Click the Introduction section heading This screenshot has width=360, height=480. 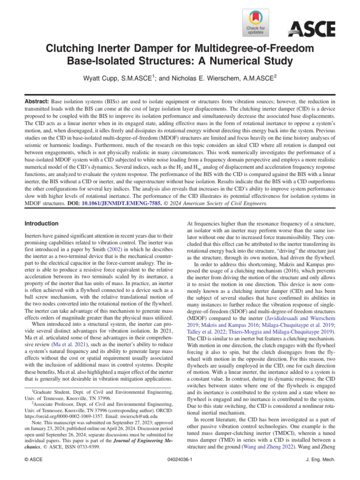coord(42,224)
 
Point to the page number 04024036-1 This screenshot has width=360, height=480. coord(180,460)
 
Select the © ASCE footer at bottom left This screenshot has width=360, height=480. coord(34,460)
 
